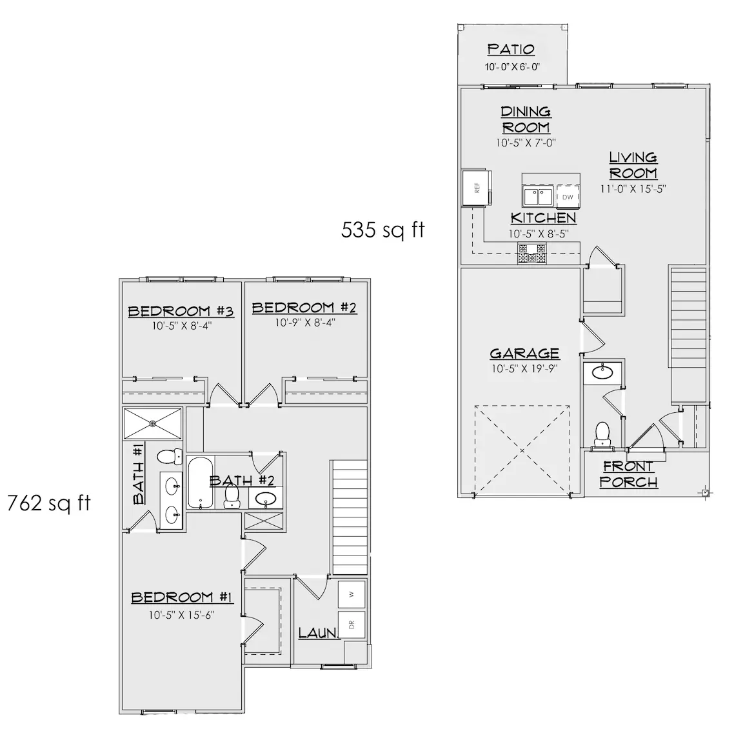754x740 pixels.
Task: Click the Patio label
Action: (x=511, y=50)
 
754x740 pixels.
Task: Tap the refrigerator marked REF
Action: (x=476, y=187)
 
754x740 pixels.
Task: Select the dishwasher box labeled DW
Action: (x=568, y=197)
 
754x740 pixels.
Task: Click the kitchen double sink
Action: (x=538, y=197)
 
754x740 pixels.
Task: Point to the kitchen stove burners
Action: (x=532, y=254)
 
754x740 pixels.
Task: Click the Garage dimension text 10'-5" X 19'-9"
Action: (x=524, y=369)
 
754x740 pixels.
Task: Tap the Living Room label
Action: (x=633, y=165)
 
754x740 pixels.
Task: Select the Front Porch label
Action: (x=628, y=474)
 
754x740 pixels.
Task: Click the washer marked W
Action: (x=352, y=594)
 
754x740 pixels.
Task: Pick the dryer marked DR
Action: (x=352, y=625)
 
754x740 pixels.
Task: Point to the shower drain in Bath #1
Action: (x=153, y=423)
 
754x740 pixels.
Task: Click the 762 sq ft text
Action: (x=49, y=503)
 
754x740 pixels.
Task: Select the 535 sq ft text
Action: (x=383, y=230)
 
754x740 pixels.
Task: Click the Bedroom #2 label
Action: (x=304, y=308)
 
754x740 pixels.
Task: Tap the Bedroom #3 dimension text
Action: (x=182, y=326)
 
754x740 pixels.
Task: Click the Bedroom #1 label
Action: (x=183, y=597)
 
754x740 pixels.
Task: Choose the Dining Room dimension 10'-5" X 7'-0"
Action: (x=526, y=143)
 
